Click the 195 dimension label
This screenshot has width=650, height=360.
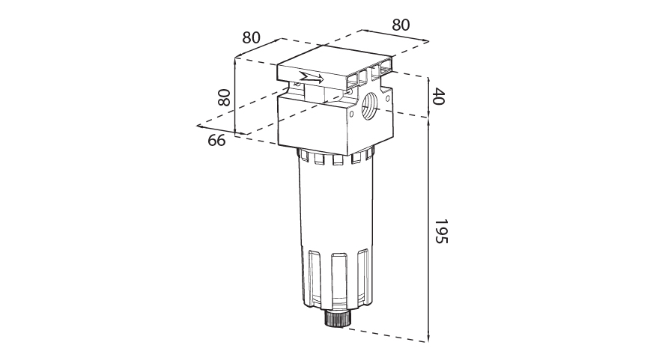tap(441, 231)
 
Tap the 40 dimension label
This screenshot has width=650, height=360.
tap(438, 96)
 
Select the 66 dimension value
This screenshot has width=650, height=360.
tap(216, 141)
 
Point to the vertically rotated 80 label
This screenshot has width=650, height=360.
tap(224, 98)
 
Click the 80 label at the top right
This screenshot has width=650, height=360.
tap(401, 25)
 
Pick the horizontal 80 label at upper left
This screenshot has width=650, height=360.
tap(251, 37)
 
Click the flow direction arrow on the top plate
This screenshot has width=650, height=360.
tap(312, 78)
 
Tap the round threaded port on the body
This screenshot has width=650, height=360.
tap(370, 106)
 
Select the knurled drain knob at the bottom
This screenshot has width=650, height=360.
tap(335, 319)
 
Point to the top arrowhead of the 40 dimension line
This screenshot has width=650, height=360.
tap(428, 81)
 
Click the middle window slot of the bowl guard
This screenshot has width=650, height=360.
tap(339, 281)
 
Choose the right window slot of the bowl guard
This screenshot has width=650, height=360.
tap(362, 277)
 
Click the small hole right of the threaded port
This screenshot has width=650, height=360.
tap(388, 99)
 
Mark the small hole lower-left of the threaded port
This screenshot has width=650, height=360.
tap(351, 113)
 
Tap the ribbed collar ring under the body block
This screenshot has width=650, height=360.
tap(335, 156)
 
